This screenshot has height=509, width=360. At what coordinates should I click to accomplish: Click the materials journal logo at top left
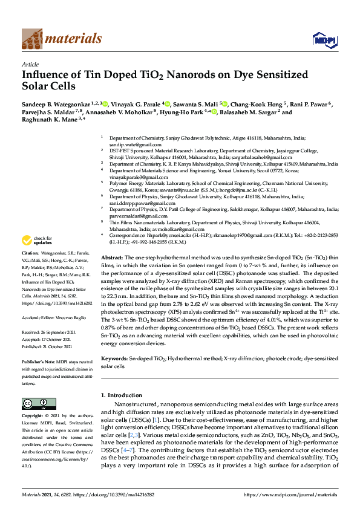point(61,39)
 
